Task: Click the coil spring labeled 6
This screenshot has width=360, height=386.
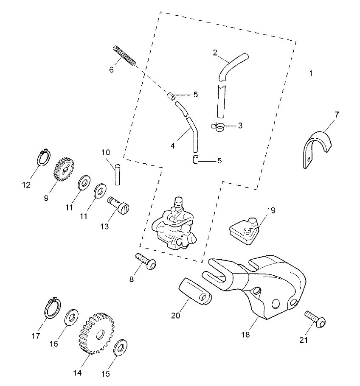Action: click(x=124, y=56)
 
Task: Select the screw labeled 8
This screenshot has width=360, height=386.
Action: click(x=146, y=261)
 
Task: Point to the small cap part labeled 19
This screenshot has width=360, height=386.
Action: click(x=244, y=230)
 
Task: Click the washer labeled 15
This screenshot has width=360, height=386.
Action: click(x=120, y=347)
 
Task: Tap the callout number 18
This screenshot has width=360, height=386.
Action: click(x=246, y=335)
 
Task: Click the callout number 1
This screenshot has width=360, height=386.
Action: click(x=311, y=73)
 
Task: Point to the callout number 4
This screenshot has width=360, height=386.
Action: click(x=172, y=146)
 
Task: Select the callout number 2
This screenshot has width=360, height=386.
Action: click(x=215, y=53)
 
